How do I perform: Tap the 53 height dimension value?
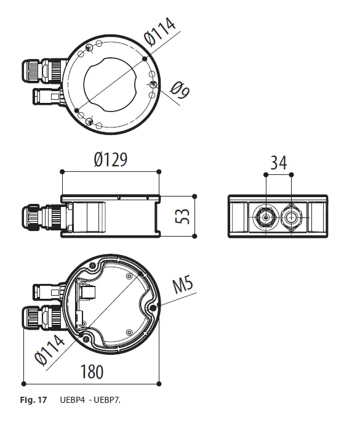click(x=181, y=215)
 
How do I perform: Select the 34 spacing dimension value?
click(x=278, y=163)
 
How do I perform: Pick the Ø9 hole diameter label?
click(x=179, y=91)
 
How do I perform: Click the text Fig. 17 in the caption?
click(x=34, y=401)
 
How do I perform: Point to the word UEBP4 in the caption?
click(x=73, y=401)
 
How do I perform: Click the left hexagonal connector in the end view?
click(x=265, y=216)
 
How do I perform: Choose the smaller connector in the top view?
click(x=44, y=97)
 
